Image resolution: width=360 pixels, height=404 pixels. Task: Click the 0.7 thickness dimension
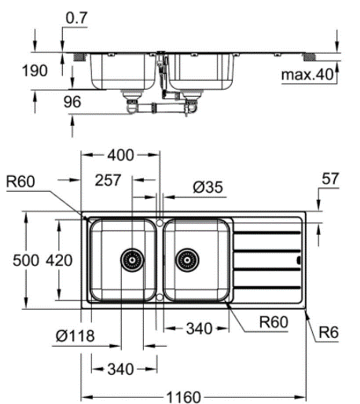click(x=76, y=18)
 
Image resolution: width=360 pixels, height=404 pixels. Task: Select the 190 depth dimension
click(x=35, y=71)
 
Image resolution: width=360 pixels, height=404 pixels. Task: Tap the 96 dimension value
click(x=72, y=101)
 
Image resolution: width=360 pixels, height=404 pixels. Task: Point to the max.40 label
click(x=307, y=75)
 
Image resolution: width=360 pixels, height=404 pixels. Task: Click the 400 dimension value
click(x=120, y=155)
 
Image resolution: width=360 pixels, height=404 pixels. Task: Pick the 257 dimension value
click(x=108, y=180)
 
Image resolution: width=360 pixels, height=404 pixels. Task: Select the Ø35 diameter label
click(x=208, y=187)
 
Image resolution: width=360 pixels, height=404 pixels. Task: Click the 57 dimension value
click(x=330, y=178)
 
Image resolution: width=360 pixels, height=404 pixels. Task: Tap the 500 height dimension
click(x=26, y=260)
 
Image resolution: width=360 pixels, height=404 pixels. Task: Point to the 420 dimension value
click(x=59, y=260)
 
